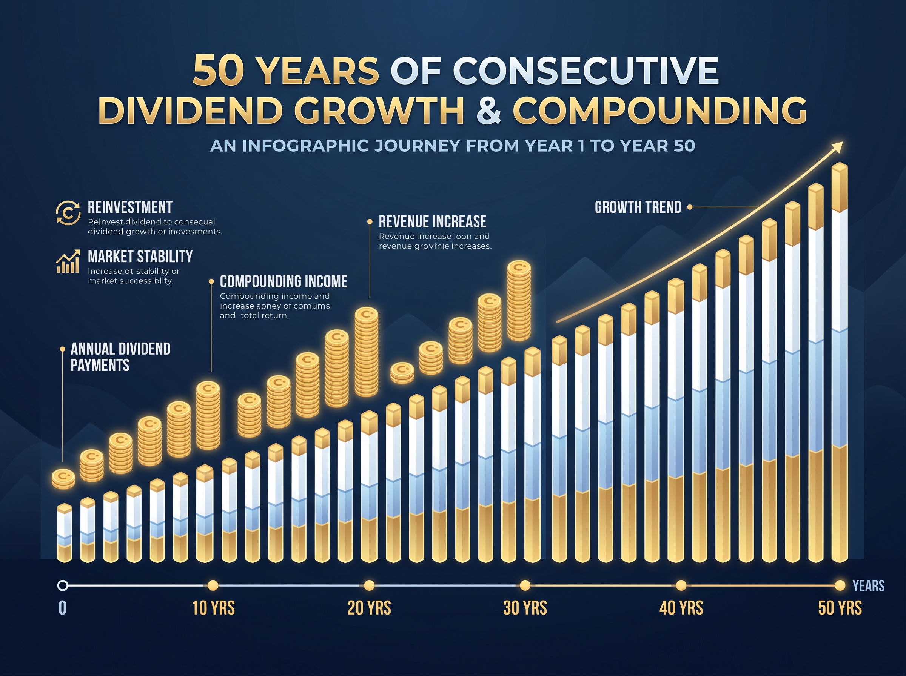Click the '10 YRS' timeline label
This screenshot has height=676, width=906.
[x=213, y=608]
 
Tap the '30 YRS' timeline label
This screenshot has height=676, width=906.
[x=525, y=608]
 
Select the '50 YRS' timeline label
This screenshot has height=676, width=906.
[x=840, y=608]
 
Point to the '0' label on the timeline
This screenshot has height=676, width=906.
[x=62, y=608]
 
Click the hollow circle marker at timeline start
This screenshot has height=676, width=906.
[x=63, y=585]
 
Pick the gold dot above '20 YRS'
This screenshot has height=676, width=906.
[x=369, y=585]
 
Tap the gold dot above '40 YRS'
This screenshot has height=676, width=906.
[x=681, y=585]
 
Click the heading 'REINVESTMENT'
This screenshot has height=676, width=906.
[x=130, y=207]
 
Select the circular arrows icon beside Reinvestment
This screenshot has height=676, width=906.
[x=68, y=213]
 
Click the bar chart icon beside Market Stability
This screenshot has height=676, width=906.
[x=68, y=262]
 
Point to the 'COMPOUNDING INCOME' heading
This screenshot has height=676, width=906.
[x=283, y=281]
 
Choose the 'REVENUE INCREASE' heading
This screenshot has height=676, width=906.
[x=432, y=222]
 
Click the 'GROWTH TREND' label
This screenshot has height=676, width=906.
[x=638, y=207]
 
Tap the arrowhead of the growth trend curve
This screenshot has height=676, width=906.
[x=838, y=146]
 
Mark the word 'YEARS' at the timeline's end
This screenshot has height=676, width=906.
[x=868, y=586]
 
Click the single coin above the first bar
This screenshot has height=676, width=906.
[x=63, y=478]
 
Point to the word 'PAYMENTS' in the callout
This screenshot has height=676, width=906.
[x=100, y=365]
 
